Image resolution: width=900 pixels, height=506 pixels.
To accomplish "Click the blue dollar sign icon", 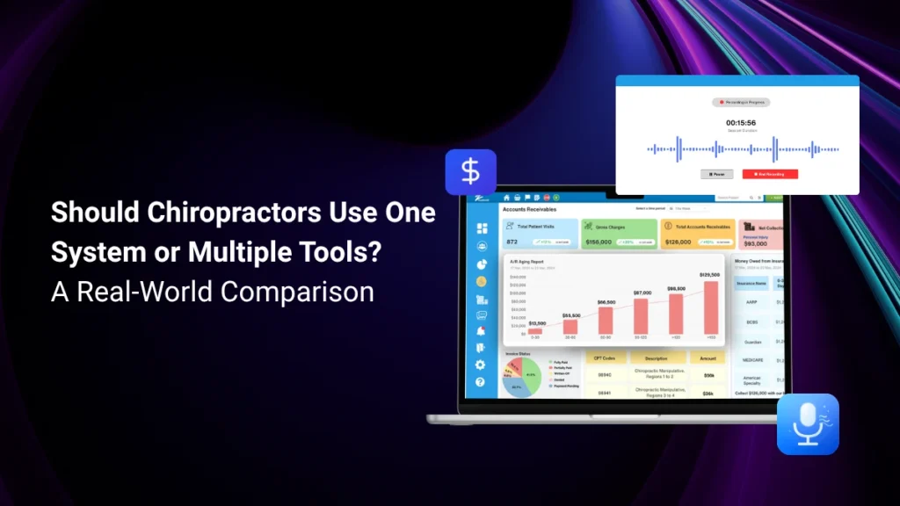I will click(x=470, y=171).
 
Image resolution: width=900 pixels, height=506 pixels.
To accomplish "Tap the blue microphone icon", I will click(x=808, y=423).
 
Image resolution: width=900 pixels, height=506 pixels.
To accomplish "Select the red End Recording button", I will click(x=770, y=174).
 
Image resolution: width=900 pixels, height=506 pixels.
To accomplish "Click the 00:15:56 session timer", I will click(x=740, y=123).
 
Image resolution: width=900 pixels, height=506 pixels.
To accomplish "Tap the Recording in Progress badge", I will click(x=741, y=102).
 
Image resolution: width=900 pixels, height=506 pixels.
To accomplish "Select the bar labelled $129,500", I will click(x=710, y=307).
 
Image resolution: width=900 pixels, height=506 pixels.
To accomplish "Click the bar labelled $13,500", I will click(x=535, y=330).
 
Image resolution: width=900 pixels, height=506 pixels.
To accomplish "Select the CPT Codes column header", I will click(x=603, y=358).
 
